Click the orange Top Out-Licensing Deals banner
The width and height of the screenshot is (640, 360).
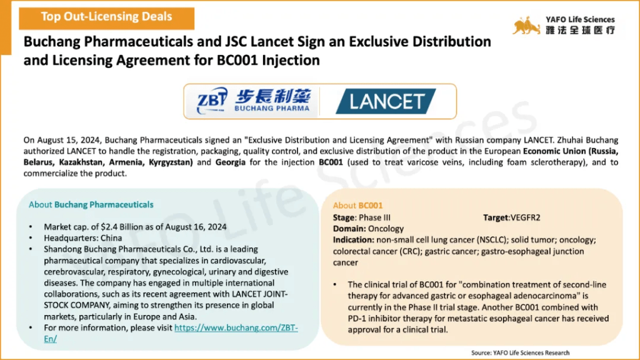click(x=106, y=18)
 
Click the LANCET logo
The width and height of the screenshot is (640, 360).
click(x=386, y=101)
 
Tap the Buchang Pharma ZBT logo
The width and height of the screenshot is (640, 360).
click(x=253, y=101)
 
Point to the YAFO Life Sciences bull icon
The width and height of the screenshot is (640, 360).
click(x=526, y=26)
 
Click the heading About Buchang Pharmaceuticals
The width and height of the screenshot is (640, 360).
click(x=91, y=204)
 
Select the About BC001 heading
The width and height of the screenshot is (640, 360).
click(x=357, y=205)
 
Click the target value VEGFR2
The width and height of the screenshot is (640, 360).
click(x=525, y=217)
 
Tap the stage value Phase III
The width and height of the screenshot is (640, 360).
click(x=375, y=217)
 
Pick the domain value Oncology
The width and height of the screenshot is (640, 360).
click(x=386, y=229)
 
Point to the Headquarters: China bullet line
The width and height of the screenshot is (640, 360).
click(x=83, y=238)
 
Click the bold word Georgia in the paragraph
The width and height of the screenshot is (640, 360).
click(x=231, y=162)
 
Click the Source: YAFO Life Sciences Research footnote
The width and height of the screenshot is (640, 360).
click(x=521, y=352)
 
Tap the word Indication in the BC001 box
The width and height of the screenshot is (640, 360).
click(x=352, y=239)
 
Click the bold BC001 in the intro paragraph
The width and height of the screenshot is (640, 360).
click(x=331, y=162)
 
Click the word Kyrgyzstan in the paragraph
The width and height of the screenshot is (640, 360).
click(x=171, y=162)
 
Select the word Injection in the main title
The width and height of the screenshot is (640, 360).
click(x=291, y=60)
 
